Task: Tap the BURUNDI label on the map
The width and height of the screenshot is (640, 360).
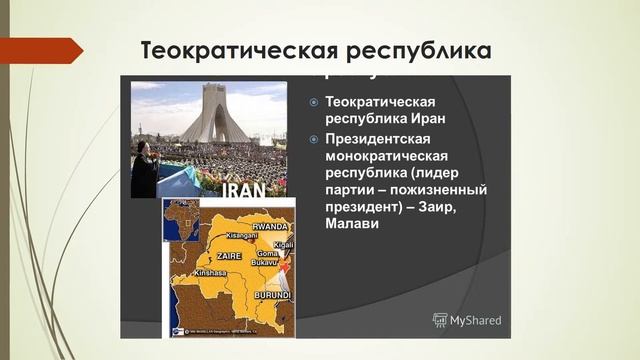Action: (x=272, y=296)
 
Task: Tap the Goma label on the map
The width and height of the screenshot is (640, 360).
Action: (x=267, y=254)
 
